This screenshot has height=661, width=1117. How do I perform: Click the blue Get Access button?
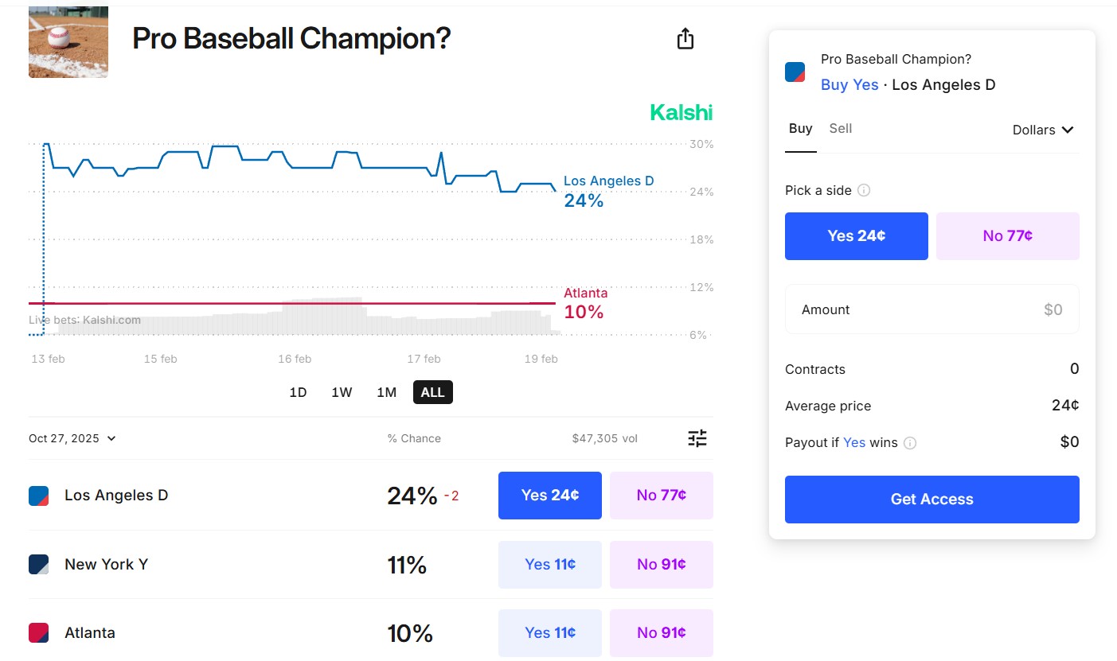[x=931, y=500]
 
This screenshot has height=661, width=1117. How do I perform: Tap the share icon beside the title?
[x=685, y=39]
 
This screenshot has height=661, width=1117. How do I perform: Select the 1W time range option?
[x=342, y=392]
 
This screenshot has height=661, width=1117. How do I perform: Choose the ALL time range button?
[x=432, y=392]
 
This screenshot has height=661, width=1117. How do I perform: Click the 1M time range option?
[x=386, y=392]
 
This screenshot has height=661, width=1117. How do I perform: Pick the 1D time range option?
[x=298, y=392]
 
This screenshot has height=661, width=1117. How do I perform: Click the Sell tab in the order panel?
[x=840, y=129]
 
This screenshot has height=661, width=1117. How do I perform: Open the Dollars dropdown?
[x=1043, y=130]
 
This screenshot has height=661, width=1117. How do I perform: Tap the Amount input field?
[x=931, y=309]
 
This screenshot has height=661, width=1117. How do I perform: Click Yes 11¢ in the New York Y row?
[x=549, y=565]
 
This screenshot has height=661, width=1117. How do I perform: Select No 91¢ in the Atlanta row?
[x=661, y=633]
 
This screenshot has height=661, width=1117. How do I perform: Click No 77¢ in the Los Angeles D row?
[x=661, y=496]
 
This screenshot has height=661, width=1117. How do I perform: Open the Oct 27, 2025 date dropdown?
[x=72, y=438]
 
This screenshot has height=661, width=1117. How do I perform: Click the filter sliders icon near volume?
[x=697, y=438]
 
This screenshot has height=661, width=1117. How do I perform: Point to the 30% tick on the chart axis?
[x=701, y=144]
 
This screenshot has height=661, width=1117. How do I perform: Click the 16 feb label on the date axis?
[x=295, y=359]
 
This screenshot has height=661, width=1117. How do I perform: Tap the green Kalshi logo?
[x=681, y=113]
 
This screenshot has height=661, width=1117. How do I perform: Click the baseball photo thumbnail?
[x=68, y=42]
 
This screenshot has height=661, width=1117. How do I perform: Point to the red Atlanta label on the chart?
[x=585, y=293]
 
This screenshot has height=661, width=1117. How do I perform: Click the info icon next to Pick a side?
[x=864, y=191]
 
